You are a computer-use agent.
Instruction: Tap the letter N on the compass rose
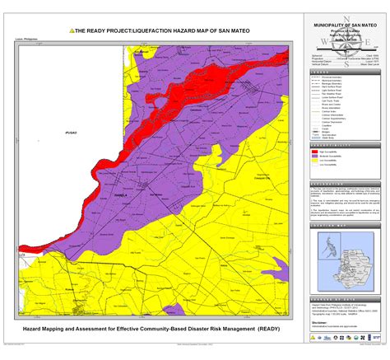(346, 18)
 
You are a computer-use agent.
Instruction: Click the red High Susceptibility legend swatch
(315, 151)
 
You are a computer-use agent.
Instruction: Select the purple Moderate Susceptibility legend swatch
(315, 156)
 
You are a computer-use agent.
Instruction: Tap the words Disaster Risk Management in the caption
(217, 328)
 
